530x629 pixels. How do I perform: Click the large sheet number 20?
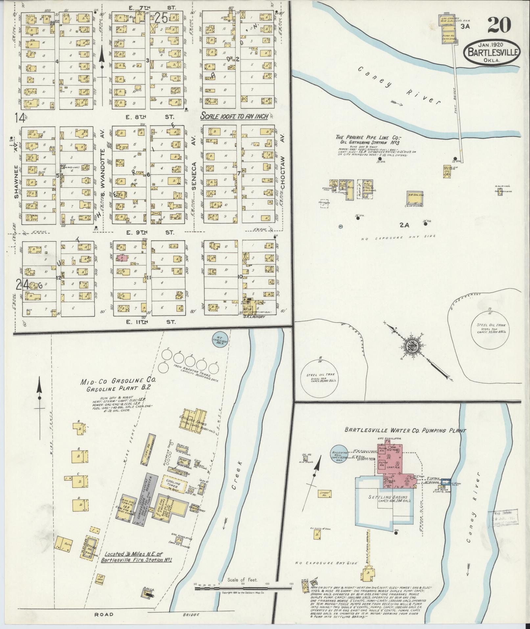[x=499, y=25]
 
